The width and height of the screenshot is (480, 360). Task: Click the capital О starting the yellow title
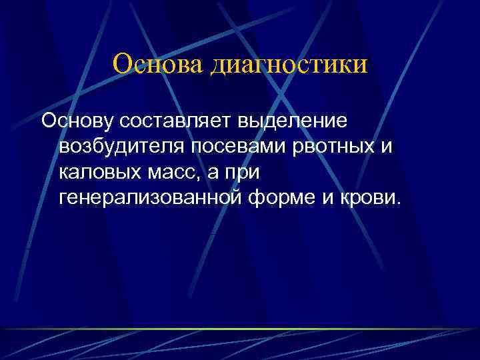click(x=123, y=65)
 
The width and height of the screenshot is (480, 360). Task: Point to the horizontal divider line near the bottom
click(x=240, y=329)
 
